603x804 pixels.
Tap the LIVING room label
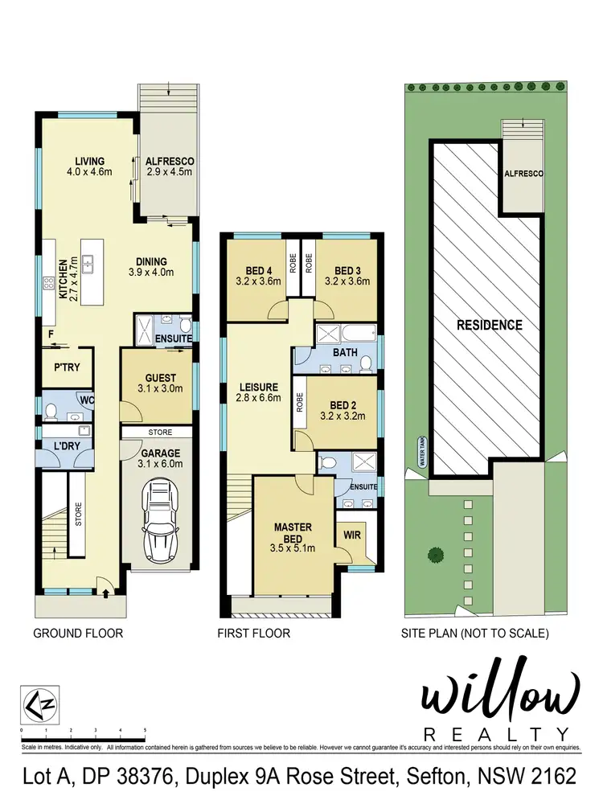click(x=90, y=161)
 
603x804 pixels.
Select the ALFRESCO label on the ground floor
click(x=170, y=161)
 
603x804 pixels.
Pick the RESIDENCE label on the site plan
click(x=489, y=326)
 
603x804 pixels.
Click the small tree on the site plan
click(x=435, y=554)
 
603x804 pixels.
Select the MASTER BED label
click(x=293, y=532)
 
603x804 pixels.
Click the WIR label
click(x=351, y=534)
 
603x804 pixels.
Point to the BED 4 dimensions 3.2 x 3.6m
click(x=256, y=281)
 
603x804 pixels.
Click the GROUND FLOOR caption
click(x=78, y=634)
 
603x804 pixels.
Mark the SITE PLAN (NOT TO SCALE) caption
click(x=474, y=634)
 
